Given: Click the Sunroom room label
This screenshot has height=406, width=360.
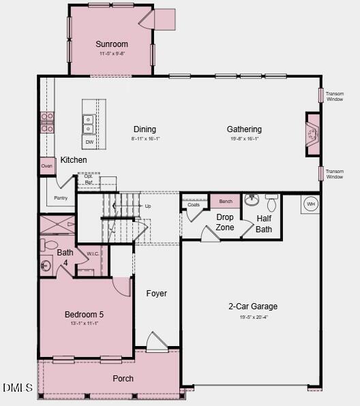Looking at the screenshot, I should (111, 44).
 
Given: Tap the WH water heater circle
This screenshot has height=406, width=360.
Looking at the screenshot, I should (310, 204).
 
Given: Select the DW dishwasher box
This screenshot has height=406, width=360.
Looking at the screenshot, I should (89, 142).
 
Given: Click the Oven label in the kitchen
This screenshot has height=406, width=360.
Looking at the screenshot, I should (47, 166).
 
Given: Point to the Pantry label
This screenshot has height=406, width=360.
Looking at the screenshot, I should (61, 198).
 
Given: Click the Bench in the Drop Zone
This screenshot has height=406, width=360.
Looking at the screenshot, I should (225, 201).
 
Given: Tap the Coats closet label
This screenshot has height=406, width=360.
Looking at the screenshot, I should (194, 204).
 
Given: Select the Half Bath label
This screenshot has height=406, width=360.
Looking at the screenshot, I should (264, 224).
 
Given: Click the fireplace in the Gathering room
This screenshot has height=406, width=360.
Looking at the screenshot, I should (312, 135).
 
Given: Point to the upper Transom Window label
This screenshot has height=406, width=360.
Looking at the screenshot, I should (335, 97).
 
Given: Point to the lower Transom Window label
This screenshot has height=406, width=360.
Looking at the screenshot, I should (335, 174).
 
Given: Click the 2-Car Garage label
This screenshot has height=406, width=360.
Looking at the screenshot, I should (252, 307).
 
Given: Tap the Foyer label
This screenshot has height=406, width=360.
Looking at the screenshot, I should (157, 294).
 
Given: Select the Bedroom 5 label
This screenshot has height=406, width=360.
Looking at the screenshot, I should (84, 314).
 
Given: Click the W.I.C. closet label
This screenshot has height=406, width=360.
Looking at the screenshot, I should (93, 254).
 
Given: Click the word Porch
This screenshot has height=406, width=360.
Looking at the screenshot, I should (123, 379).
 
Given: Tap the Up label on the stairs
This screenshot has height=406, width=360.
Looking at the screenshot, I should (148, 206).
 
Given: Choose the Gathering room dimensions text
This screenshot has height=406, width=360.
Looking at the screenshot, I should (244, 138).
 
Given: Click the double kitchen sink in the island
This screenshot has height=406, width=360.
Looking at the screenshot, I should (89, 123).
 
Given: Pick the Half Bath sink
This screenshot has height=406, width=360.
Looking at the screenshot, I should (252, 200).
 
